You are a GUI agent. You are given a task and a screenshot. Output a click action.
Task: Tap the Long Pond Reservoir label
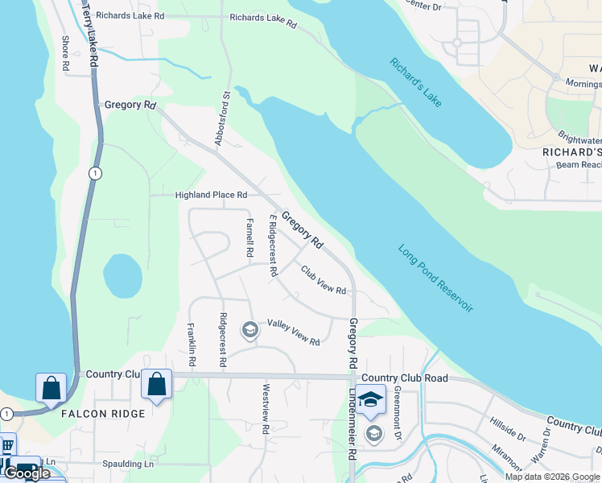[x=436, y=279]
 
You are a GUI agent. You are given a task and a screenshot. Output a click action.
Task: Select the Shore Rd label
[x=66, y=56]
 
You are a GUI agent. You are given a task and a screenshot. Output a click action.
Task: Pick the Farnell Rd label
[x=249, y=237]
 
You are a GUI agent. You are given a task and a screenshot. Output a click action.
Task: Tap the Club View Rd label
[x=324, y=279]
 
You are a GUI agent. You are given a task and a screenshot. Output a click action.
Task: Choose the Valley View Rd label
[x=294, y=332]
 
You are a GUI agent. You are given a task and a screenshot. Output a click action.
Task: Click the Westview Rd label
[x=264, y=408]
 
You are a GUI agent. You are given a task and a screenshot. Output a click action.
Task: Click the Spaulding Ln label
[x=128, y=464]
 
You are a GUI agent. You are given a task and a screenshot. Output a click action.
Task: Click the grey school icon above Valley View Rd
[x=250, y=329]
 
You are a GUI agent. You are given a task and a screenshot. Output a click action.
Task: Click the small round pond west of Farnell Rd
[x=123, y=276]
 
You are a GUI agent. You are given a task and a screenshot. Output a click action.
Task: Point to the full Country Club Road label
[x=404, y=378]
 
